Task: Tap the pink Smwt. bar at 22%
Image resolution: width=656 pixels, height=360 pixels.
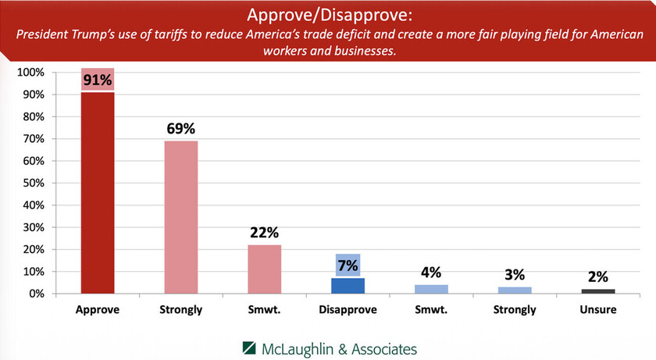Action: pyautogui.click(x=264, y=269)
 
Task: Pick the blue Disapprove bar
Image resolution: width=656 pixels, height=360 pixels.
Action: pyautogui.click(x=348, y=286)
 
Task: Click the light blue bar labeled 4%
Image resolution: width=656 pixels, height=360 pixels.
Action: pyautogui.click(x=431, y=289)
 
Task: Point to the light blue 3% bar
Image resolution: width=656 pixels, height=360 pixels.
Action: pyautogui.click(x=515, y=290)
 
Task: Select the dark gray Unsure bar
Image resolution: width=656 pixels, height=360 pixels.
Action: pyautogui.click(x=598, y=291)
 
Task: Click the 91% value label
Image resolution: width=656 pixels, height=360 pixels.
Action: pyautogui.click(x=97, y=80)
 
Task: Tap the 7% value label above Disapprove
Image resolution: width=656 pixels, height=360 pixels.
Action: pyautogui.click(x=348, y=264)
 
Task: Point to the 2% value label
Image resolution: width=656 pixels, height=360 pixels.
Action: pyautogui.click(x=598, y=276)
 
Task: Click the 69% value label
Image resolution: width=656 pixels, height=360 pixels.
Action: pyautogui.click(x=180, y=127)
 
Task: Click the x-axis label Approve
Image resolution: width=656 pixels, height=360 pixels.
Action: pyautogui.click(x=97, y=309)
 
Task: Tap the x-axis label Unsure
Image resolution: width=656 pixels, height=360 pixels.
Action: pyautogui.click(x=598, y=309)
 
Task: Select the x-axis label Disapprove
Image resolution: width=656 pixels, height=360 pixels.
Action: pyautogui.click(x=348, y=309)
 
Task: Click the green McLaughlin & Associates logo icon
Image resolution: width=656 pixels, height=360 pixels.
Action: pyautogui.click(x=248, y=348)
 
